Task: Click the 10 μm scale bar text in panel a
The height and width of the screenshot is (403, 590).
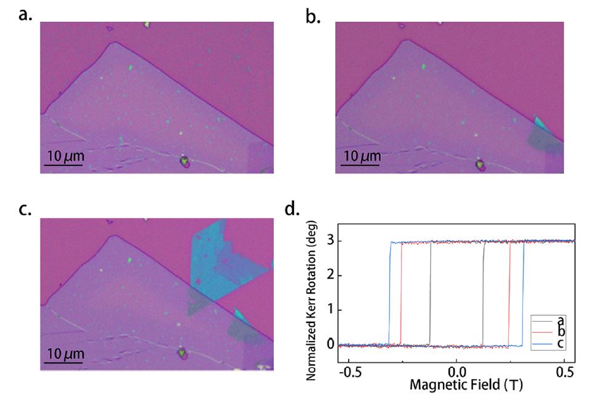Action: click(x=65, y=156)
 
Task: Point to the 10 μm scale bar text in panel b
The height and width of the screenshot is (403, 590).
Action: click(x=361, y=156)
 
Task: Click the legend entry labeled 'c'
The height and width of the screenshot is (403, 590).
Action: click(x=560, y=343)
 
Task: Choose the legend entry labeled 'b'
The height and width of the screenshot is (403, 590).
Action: click(x=560, y=332)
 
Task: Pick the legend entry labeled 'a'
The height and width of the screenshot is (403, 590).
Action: click(x=560, y=321)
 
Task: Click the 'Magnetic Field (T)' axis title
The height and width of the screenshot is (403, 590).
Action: click(x=456, y=386)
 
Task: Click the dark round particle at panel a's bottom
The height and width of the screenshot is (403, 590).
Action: click(x=184, y=162)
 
